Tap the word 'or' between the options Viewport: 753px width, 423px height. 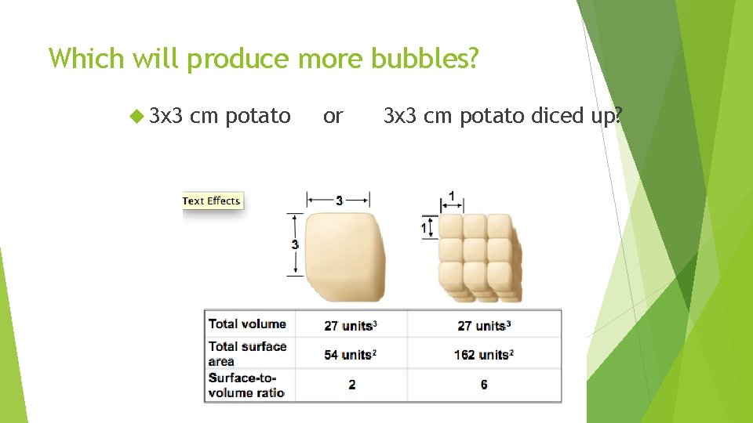tap(333, 117)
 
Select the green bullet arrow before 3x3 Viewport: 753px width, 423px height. tap(136, 117)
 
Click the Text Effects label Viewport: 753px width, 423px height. tap(212, 201)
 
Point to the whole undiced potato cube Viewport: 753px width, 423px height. tap(345, 256)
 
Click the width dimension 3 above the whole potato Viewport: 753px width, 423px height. tap(339, 201)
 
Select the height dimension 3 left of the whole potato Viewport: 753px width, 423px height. tap(295, 244)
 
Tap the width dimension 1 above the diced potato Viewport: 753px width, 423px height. tap(452, 196)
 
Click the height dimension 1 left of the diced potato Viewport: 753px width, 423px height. tap(424, 227)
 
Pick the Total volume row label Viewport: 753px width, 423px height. tap(247, 324)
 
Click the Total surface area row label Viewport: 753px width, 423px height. tap(247, 353)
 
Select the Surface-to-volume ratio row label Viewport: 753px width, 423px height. tap(246, 385)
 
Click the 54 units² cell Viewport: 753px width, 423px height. tap(351, 355)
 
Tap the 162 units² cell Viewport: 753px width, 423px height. tap(483, 355)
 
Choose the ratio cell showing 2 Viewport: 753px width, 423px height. tap(351, 385)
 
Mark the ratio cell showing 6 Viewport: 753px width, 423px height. tap(484, 385)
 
